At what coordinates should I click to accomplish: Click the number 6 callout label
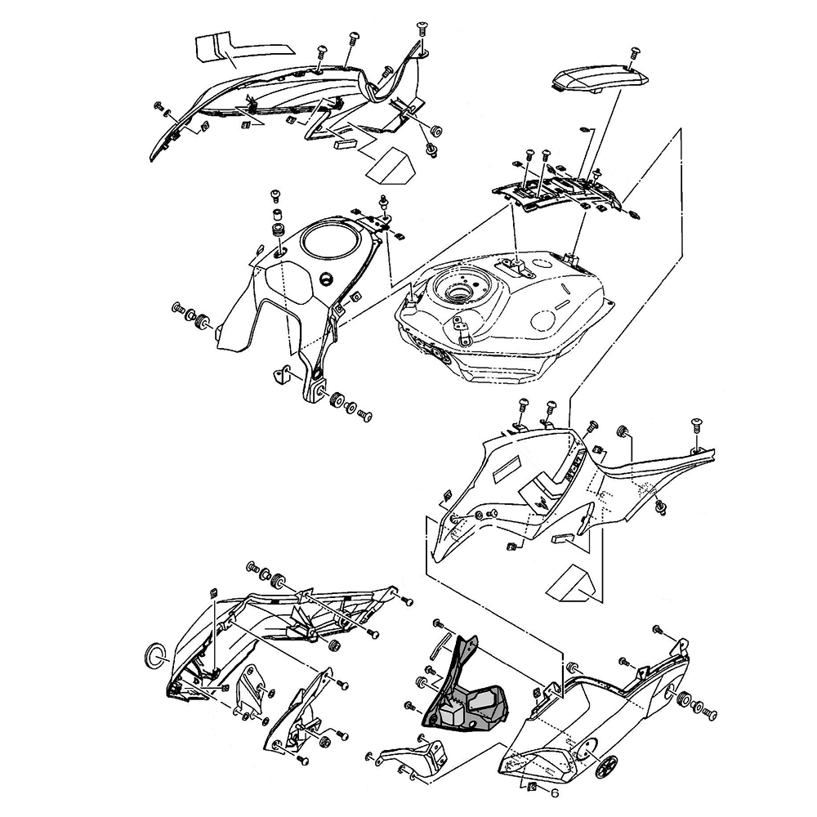(554, 792)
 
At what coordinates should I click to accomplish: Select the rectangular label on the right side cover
(509, 471)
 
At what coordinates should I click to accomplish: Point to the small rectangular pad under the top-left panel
(344, 141)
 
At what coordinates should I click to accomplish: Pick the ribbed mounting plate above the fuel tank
(556, 193)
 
